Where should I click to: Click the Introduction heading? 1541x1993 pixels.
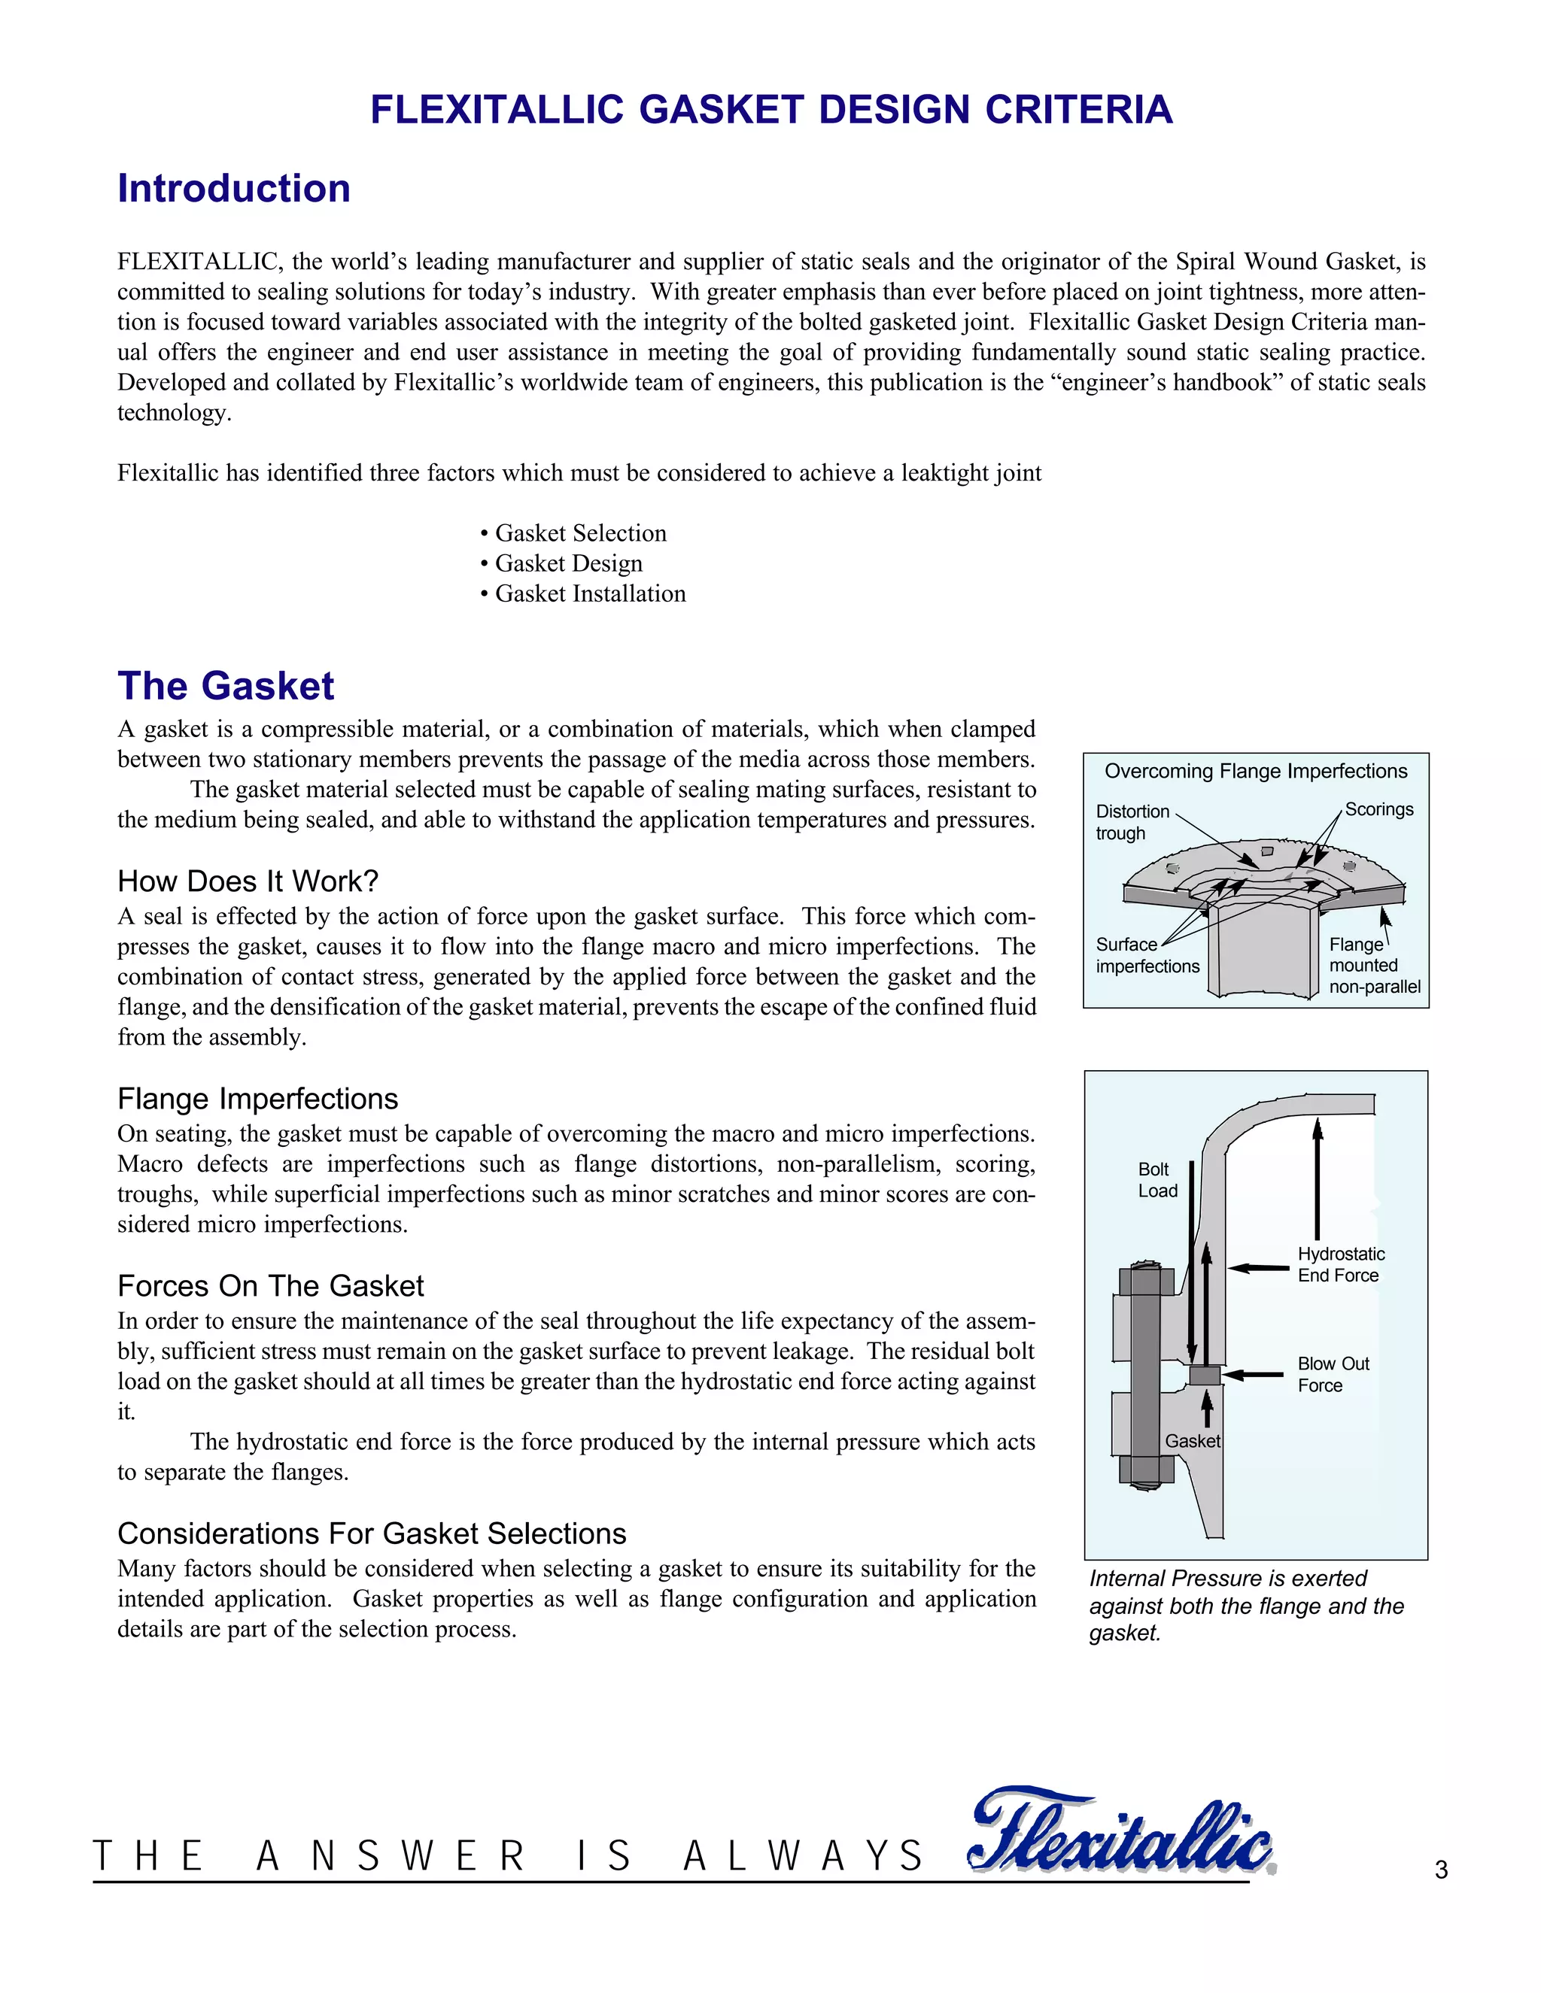tap(234, 189)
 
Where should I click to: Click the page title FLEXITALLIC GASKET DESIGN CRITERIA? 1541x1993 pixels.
tap(770, 110)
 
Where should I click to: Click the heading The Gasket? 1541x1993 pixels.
tap(226, 686)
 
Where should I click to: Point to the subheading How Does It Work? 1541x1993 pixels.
tap(248, 881)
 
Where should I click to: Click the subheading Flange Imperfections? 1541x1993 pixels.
tap(257, 1099)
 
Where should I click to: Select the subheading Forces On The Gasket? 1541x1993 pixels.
tap(270, 1287)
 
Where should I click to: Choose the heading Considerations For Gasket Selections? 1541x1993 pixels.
tap(372, 1534)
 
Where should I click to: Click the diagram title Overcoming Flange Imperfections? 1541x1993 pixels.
tap(1255, 771)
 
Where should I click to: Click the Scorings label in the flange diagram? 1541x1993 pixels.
tap(1378, 809)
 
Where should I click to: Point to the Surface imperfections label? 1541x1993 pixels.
tap(1147, 955)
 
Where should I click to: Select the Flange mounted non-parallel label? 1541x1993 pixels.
tap(1374, 966)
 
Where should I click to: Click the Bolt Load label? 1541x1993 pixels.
tap(1157, 1180)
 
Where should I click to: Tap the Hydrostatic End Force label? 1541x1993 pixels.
tap(1340, 1265)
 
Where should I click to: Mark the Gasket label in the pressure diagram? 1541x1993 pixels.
tap(1193, 1441)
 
